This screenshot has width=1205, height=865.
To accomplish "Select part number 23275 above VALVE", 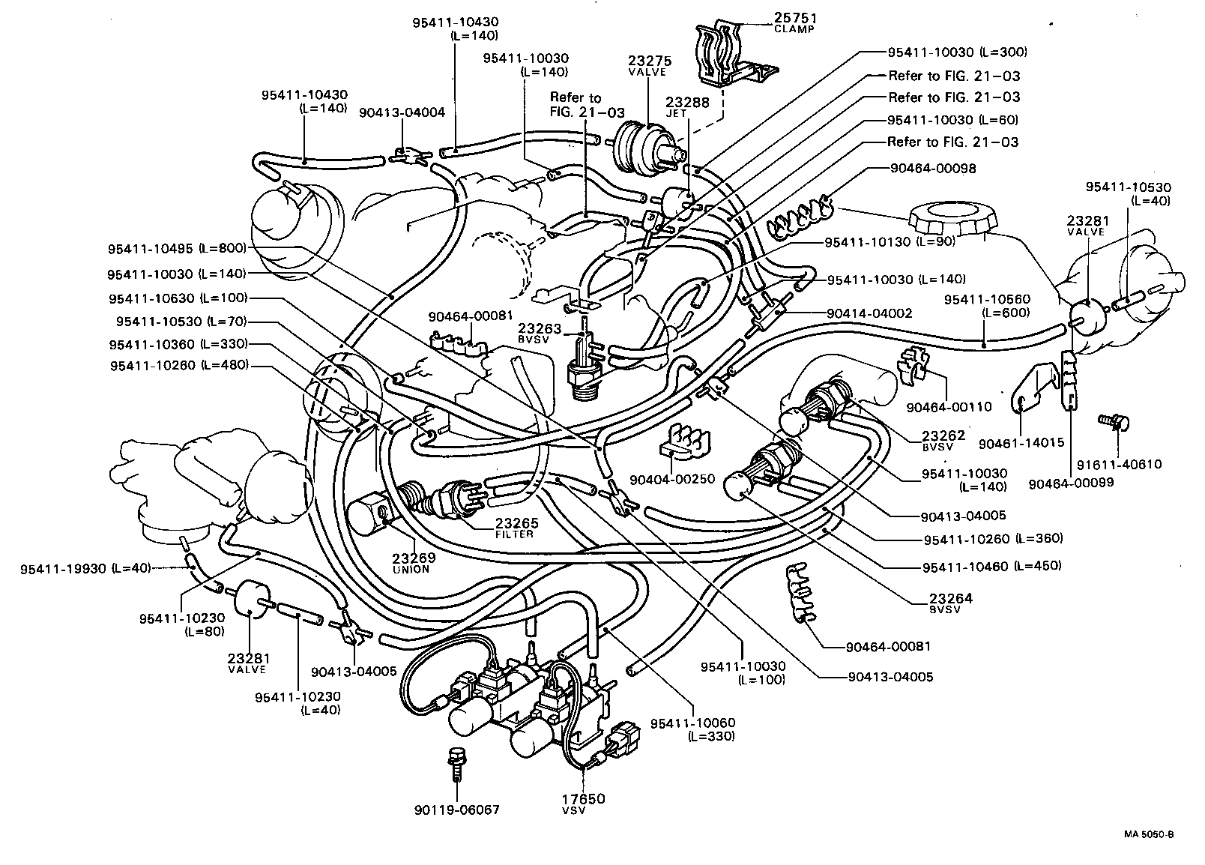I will pos(650,61).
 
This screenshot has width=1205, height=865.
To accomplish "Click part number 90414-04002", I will pos(870,313).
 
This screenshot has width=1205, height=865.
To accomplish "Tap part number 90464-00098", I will pos(934,169).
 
